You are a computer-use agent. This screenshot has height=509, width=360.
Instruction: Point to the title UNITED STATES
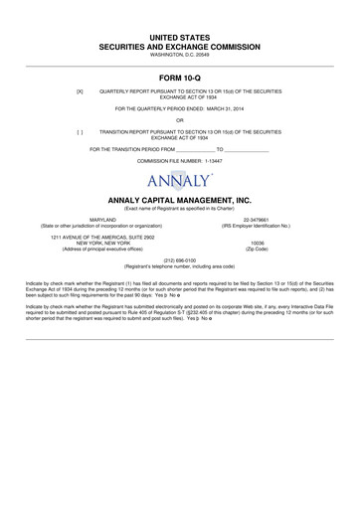point(179,35)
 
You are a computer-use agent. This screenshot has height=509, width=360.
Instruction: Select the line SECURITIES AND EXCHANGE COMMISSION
point(179,46)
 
